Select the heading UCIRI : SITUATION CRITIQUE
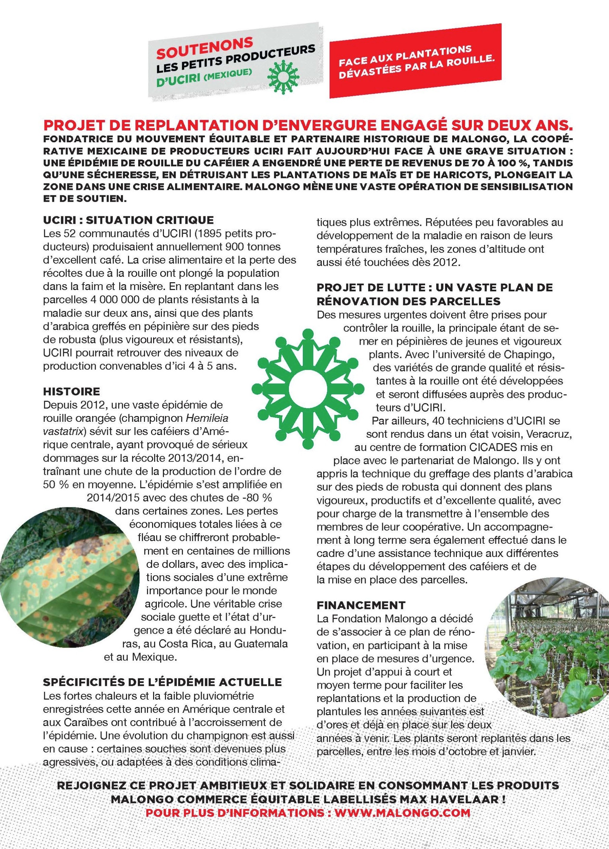coord(128,220)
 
